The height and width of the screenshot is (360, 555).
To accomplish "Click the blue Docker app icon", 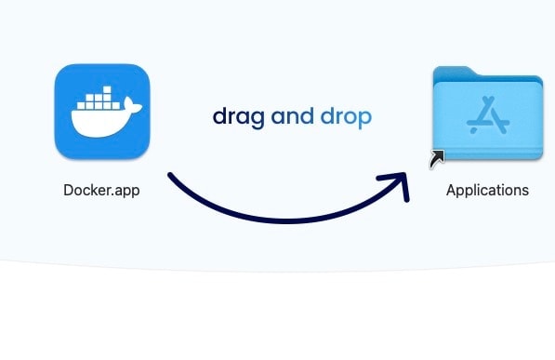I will click(x=102, y=110).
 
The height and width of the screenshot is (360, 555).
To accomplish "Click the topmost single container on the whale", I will click(x=105, y=90).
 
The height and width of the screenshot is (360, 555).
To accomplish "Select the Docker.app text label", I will click(x=101, y=190).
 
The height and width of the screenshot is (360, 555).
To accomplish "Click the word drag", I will click(x=238, y=117).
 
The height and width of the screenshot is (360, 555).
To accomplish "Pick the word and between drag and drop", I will click(x=292, y=116).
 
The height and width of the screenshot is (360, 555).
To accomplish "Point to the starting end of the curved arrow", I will click(x=170, y=175).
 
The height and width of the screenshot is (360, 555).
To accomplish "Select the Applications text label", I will click(x=487, y=190).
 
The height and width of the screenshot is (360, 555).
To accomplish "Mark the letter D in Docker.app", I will click(x=68, y=190).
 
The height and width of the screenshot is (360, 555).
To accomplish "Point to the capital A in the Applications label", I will click(x=451, y=190).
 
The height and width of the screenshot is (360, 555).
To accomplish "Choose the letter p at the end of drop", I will click(x=365, y=119).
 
